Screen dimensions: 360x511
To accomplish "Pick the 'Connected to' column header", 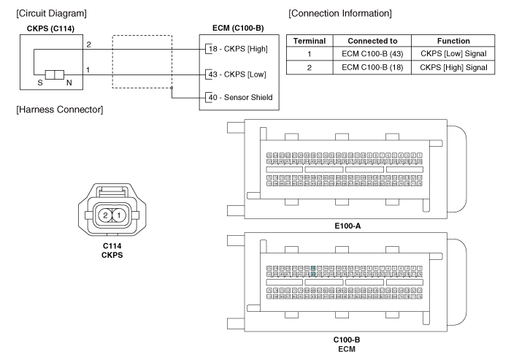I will click(x=375, y=42).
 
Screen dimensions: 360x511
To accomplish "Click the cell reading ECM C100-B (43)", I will click(x=375, y=54).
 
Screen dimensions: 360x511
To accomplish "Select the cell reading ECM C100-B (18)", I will click(x=375, y=67).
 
